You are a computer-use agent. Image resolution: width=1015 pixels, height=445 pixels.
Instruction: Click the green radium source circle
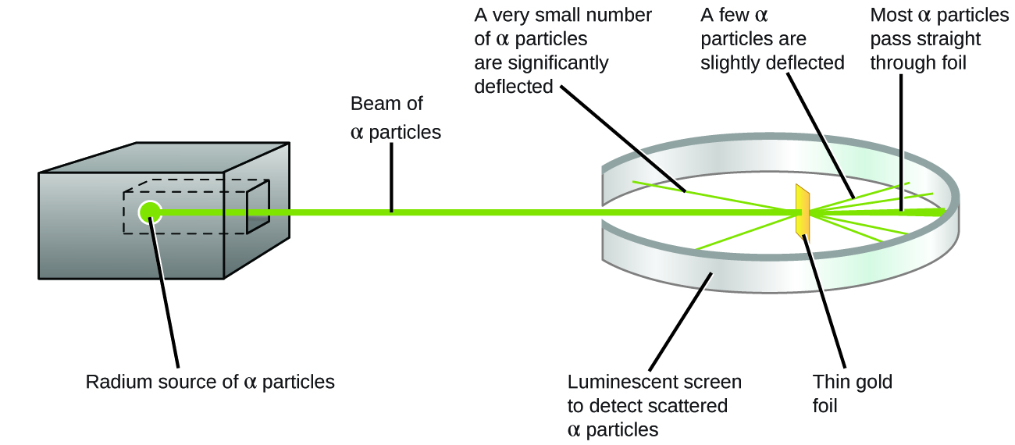[x=149, y=212]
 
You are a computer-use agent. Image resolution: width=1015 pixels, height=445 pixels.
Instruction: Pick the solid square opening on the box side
[x=258, y=206]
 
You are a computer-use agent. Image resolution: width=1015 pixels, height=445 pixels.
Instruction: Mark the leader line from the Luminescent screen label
[x=679, y=320]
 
